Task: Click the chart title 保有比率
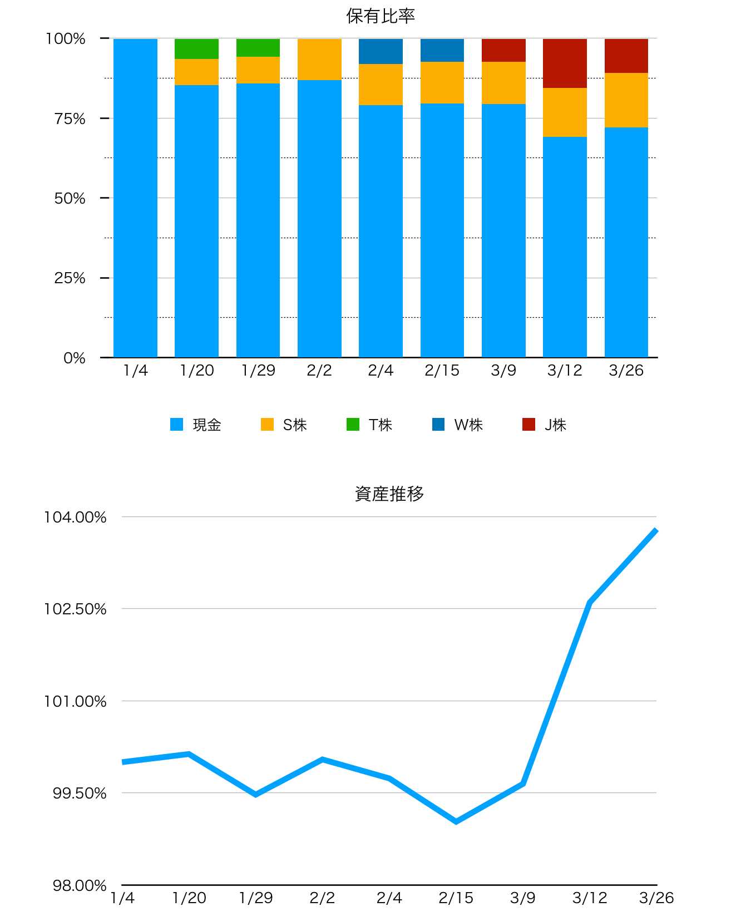381,16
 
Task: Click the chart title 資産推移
389,494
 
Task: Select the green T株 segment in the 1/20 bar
196,49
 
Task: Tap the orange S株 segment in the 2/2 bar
319,60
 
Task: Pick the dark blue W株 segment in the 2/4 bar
381,51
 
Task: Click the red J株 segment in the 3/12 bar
565,63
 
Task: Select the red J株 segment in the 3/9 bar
503,50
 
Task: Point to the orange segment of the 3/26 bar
626,100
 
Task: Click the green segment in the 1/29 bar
258,48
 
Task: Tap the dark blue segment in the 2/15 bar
442,50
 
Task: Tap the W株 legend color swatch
438,425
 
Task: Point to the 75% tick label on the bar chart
70,119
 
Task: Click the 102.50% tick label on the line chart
75,609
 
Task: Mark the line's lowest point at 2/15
456,821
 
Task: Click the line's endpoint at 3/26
656,531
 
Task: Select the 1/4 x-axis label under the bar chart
135,371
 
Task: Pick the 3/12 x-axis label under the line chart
590,898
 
